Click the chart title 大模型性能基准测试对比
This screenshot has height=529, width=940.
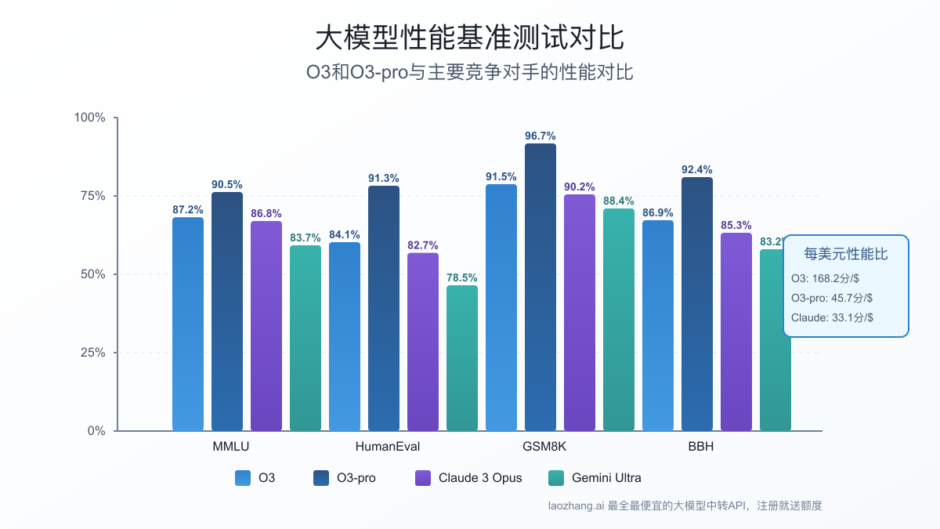469,38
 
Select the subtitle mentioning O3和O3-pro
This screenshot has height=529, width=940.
469,73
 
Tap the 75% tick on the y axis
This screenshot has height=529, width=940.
89,196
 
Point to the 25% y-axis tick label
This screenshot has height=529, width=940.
89,353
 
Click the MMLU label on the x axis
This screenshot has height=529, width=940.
231,447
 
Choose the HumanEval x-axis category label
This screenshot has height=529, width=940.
388,447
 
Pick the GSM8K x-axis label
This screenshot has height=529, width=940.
544,447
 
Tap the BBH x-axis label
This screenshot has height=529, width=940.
701,447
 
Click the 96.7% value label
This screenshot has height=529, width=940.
540,136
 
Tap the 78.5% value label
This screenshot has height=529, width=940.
462,277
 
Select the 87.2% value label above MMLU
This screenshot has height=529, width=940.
188,210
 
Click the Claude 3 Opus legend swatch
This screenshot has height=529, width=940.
423,478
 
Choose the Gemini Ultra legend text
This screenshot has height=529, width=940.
606,478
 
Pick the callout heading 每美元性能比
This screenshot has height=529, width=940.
846,254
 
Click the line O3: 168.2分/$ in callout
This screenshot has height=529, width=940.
825,278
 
